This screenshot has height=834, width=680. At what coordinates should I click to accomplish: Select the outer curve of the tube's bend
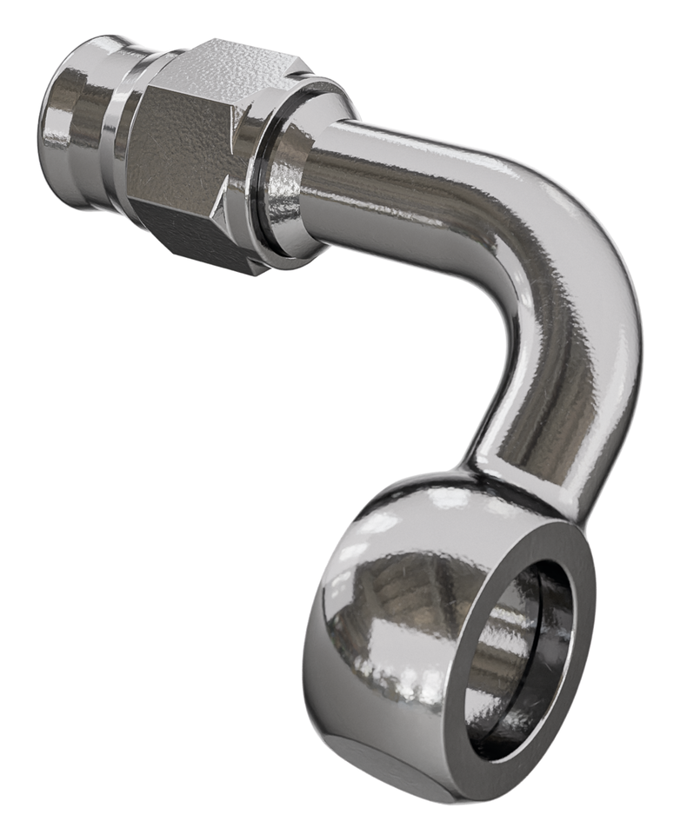click(x=600, y=261)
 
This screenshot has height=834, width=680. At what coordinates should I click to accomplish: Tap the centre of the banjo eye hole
click(x=513, y=660)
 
